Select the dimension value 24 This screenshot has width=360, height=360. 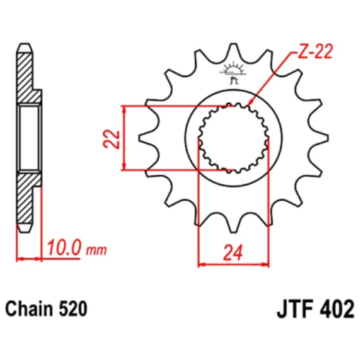[x=234, y=254]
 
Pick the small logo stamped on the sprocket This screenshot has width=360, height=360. [x=233, y=71]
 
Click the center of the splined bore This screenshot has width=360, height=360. [x=234, y=138]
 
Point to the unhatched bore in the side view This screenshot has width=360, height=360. [x=28, y=138]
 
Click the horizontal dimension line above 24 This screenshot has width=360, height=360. [x=234, y=264]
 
